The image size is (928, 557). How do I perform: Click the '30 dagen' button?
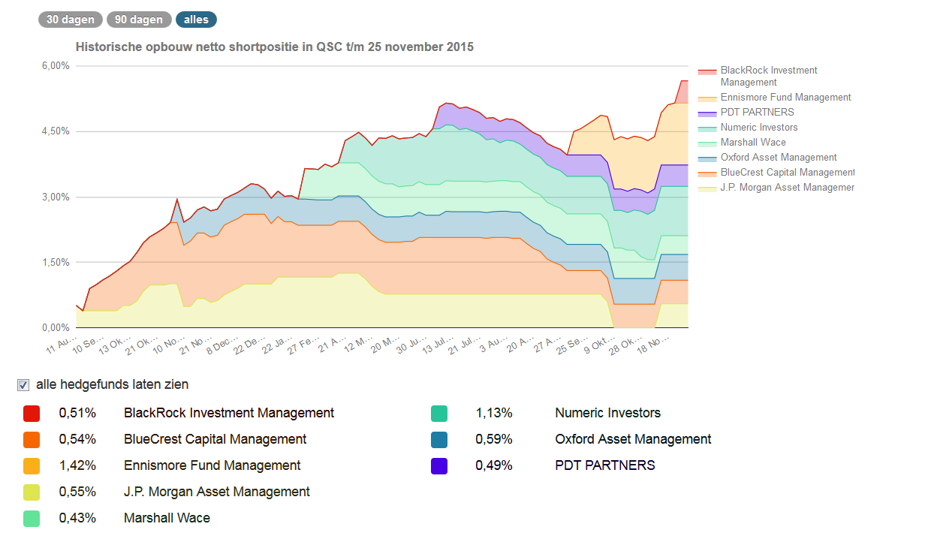[71, 20]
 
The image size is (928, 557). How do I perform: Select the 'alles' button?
[196, 20]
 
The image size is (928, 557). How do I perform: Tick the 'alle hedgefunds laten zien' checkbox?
[23, 385]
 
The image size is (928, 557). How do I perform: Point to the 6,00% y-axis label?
[55, 66]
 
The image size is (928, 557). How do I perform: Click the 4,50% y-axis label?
[55, 131]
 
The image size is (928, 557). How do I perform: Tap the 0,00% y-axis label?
[55, 328]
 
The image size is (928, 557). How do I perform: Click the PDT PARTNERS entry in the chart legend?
[757, 113]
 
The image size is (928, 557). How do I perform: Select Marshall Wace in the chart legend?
[753, 143]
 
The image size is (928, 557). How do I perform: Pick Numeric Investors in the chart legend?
[759, 128]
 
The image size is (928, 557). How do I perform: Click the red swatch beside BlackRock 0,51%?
[31, 414]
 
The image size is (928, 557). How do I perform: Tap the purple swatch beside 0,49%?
[439, 466]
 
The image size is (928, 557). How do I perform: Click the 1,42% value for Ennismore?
[77, 465]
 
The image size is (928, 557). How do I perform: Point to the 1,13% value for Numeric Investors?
[494, 413]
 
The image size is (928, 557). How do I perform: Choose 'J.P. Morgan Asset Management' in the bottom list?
[216, 492]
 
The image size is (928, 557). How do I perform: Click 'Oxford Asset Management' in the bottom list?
[633, 439]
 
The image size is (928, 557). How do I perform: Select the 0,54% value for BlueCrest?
[77, 439]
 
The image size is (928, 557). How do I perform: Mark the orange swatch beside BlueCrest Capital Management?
[31, 440]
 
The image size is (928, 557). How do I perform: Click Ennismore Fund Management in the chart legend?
[785, 98]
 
